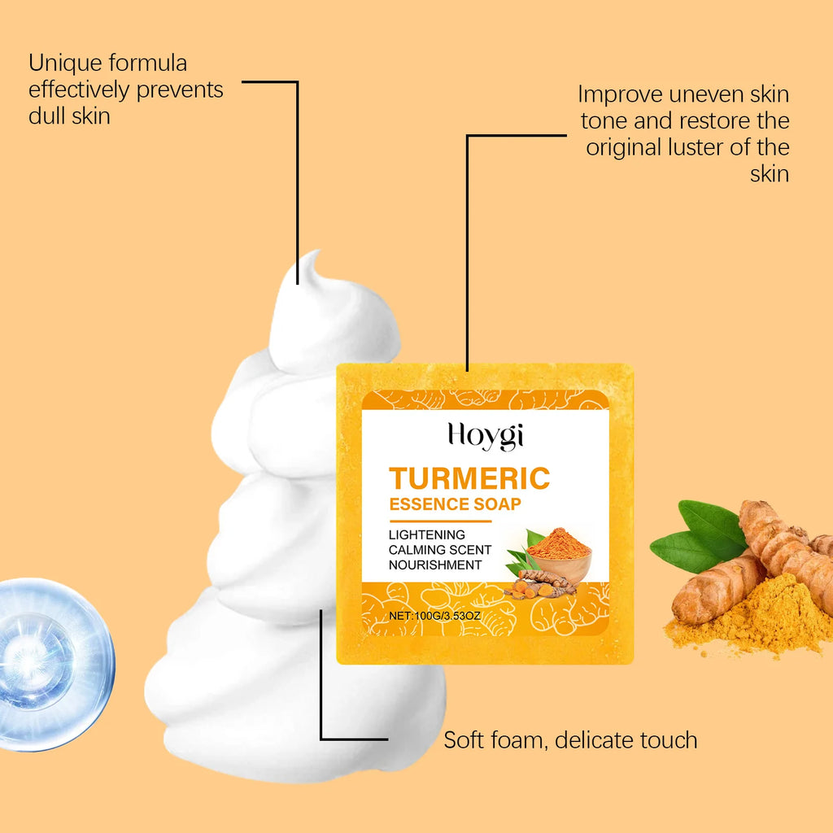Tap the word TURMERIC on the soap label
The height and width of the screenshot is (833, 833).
pyautogui.click(x=469, y=478)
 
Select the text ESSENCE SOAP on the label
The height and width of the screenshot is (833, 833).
pyautogui.click(x=455, y=504)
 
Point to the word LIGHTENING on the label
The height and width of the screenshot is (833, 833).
pyautogui.click(x=427, y=534)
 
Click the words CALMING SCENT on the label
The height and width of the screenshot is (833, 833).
pyautogui.click(x=440, y=550)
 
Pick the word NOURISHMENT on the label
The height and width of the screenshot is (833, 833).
pyautogui.click(x=435, y=565)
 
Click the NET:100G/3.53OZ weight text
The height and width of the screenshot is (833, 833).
pyautogui.click(x=435, y=616)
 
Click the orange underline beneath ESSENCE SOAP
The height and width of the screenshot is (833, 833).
pyautogui.click(x=440, y=520)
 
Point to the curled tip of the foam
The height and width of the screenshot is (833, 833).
pyautogui.click(x=312, y=265)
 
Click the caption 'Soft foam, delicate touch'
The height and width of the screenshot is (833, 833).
pyautogui.click(x=570, y=740)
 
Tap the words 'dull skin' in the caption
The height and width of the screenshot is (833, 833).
pyautogui.click(x=69, y=116)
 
